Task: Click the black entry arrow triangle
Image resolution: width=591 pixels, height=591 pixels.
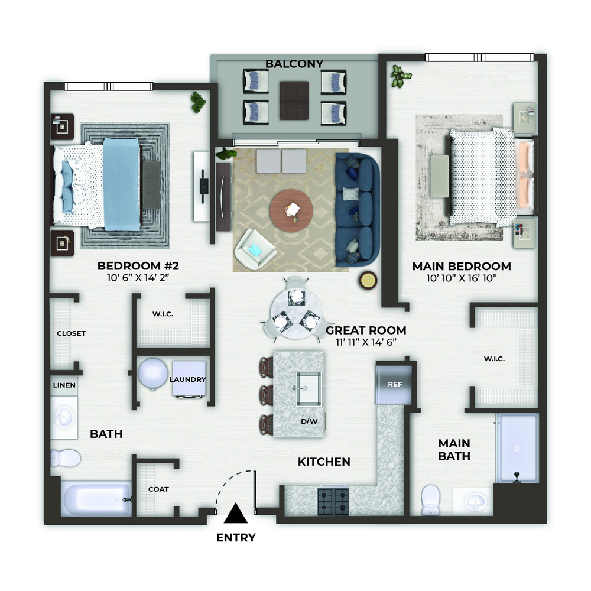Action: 236,514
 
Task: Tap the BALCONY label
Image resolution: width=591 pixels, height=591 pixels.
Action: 294,64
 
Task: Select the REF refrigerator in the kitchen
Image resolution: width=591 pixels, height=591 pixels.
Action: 394,384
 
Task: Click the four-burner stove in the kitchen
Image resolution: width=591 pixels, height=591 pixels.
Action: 333,501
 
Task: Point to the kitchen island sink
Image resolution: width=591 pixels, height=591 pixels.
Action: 309,389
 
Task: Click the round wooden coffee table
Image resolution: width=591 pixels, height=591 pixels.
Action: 291,210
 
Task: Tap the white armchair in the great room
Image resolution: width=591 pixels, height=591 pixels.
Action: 255,249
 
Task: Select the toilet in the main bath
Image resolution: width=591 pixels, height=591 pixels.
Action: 430,499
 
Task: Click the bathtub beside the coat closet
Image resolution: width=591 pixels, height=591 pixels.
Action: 96,499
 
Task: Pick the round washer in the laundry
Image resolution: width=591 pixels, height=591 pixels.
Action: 152,374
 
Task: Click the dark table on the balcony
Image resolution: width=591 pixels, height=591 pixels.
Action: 294,100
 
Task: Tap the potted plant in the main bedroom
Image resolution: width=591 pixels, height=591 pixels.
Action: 401,76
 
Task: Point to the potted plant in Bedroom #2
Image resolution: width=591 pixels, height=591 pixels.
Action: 197,102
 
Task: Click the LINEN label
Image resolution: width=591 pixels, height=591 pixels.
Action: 64,385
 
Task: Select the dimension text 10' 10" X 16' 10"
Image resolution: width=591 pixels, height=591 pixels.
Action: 462,278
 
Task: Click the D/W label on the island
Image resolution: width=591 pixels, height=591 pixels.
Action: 309,421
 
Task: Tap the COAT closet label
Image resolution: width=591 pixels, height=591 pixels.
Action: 158,489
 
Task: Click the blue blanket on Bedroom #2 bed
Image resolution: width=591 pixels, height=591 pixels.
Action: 122,184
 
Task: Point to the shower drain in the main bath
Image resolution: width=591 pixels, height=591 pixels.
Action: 517,448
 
